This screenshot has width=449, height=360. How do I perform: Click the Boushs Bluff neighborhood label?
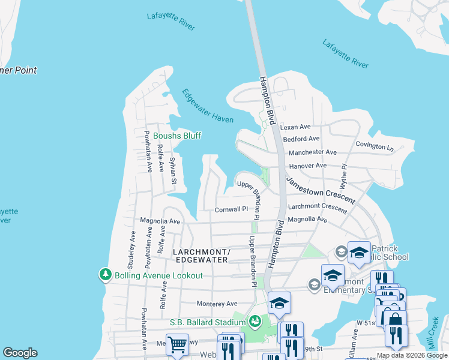click(x=176, y=136)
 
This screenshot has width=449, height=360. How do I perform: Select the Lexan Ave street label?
click(x=295, y=127)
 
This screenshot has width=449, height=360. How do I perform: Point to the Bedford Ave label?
click(x=301, y=139)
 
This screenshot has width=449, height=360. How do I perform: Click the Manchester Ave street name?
click(x=313, y=152)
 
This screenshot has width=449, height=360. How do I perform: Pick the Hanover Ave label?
click(x=307, y=166)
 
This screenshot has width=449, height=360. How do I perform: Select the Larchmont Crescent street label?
click(x=317, y=208)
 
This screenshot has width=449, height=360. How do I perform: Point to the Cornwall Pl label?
click(x=231, y=209)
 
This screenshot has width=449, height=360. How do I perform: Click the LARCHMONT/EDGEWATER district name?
click(x=200, y=256)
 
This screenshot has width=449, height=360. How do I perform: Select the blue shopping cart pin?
click(x=178, y=344)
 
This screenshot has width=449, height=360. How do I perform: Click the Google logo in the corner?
click(x=20, y=353)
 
